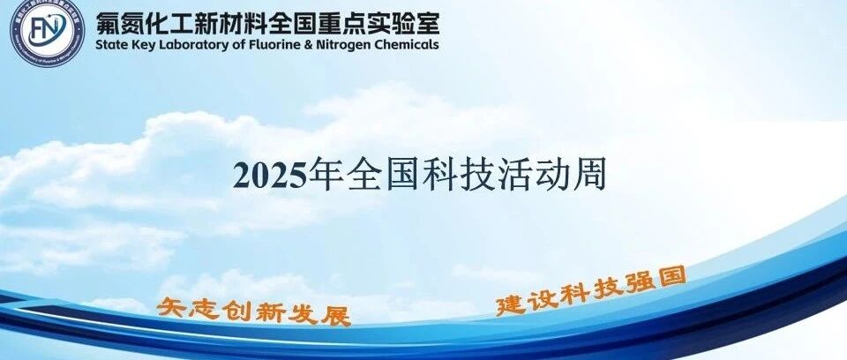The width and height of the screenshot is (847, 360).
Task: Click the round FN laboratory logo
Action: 48,32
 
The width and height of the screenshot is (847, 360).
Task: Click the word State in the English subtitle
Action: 109,45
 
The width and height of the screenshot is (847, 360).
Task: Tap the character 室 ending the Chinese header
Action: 426,23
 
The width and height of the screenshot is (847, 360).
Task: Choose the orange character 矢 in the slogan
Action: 169,308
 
